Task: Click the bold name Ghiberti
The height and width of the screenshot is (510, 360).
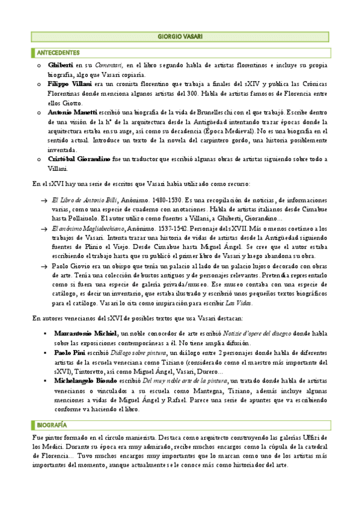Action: (60, 65)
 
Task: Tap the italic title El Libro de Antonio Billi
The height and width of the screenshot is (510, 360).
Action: (84, 199)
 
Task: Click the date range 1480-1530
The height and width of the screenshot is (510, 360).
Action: (167, 199)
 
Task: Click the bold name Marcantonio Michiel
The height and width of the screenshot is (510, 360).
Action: (86, 333)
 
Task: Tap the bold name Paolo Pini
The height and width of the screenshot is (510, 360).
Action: (70, 351)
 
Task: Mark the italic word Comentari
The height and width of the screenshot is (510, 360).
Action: (106, 65)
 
